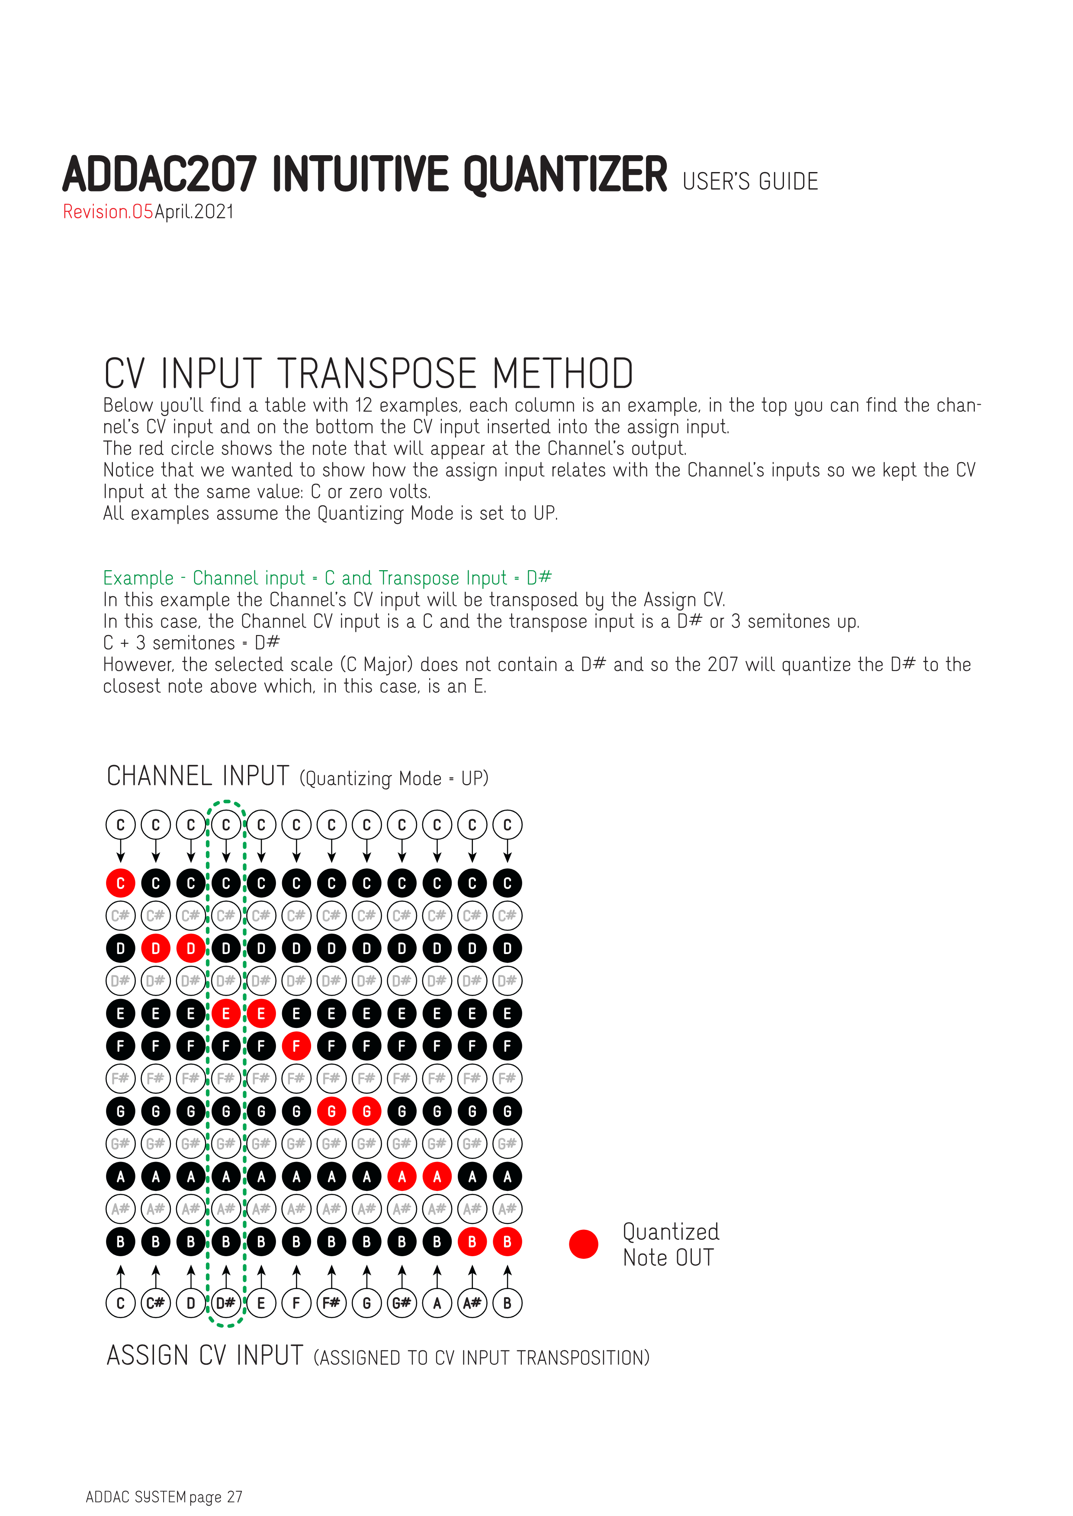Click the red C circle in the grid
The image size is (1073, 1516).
coord(120,883)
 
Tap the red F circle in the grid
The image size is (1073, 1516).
coord(296,1046)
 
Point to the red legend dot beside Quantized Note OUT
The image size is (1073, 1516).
coord(583,1244)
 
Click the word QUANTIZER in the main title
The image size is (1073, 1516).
coord(565,175)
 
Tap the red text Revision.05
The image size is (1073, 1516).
coord(108,212)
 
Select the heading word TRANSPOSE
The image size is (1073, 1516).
coord(377,374)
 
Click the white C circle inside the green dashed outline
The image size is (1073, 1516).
coord(226,825)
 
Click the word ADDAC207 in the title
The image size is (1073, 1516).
coord(159,175)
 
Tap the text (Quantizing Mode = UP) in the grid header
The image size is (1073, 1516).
coord(394,779)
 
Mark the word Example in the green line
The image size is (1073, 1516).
coord(138,578)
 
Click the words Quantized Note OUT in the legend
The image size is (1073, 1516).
coord(670,1245)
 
